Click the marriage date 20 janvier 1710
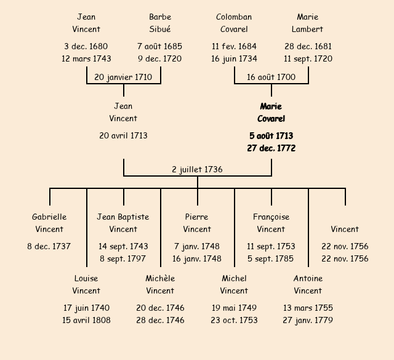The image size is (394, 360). pyautogui.click(x=123, y=78)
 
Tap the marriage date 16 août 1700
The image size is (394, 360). pyautogui.click(x=271, y=78)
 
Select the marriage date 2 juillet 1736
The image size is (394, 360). pyautogui.click(x=197, y=170)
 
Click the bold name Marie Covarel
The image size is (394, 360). pyautogui.click(x=271, y=113)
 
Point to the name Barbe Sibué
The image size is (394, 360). pyautogui.click(x=160, y=23)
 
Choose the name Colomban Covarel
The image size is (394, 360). pyautogui.click(x=234, y=23)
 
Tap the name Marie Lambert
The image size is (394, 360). pyautogui.click(x=308, y=23)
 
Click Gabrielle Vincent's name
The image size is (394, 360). pyautogui.click(x=49, y=223)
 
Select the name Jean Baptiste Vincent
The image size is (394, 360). pyautogui.click(x=123, y=223)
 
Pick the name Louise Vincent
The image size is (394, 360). pyautogui.click(x=86, y=284)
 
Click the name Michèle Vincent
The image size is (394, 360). pyautogui.click(x=160, y=284)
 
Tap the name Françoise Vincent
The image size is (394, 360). pyautogui.click(x=271, y=223)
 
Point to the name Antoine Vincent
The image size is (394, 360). pyautogui.click(x=308, y=284)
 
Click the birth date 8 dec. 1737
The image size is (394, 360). pyautogui.click(x=49, y=247)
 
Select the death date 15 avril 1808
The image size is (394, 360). pyautogui.click(x=86, y=321)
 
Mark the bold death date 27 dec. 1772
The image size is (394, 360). pyautogui.click(x=271, y=148)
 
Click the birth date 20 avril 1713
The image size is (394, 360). pyautogui.click(x=123, y=136)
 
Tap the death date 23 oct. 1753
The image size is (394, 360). pyautogui.click(x=234, y=321)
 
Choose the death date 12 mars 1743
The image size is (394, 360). pyautogui.click(x=86, y=59)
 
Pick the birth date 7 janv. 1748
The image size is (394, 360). pyautogui.click(x=197, y=247)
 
